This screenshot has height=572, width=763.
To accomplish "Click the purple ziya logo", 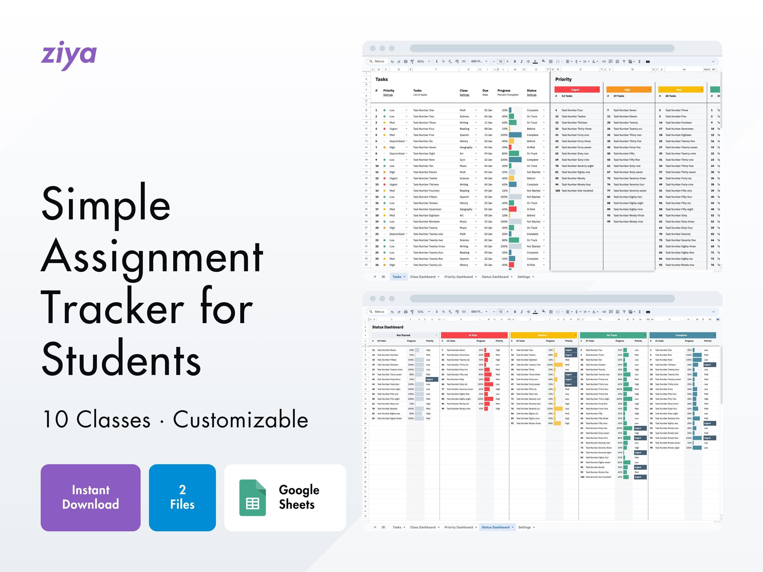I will click(x=69, y=55).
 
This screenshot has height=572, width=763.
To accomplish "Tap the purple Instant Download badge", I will click(x=90, y=497).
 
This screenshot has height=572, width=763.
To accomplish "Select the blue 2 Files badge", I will click(x=182, y=497).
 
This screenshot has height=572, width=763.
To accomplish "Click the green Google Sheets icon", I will click(x=253, y=498).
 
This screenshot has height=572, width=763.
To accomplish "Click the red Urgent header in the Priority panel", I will click(x=575, y=90).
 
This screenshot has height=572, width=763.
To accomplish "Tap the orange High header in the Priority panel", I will click(x=627, y=90).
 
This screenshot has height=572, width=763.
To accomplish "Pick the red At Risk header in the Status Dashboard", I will click(x=473, y=335).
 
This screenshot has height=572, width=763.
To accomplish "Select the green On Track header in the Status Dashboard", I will click(x=612, y=335).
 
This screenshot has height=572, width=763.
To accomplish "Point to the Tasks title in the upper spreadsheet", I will click(x=382, y=79).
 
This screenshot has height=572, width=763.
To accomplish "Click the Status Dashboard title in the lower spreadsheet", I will click(x=387, y=327).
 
